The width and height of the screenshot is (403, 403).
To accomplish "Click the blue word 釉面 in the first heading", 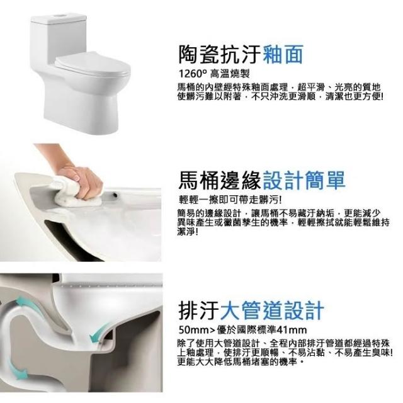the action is click(x=283, y=54).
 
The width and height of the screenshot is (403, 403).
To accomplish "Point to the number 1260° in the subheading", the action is click(x=193, y=74).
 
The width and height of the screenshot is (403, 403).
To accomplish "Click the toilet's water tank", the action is click(x=59, y=38).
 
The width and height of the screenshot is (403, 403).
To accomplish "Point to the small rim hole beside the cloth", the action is click(x=115, y=195).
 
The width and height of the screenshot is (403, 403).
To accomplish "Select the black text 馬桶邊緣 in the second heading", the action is click(x=220, y=180).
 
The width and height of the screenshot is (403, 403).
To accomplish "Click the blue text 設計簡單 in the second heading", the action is click(x=304, y=180).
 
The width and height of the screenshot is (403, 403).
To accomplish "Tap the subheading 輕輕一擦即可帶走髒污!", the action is click(x=230, y=200).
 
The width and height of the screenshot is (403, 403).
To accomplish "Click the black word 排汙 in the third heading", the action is click(x=199, y=310).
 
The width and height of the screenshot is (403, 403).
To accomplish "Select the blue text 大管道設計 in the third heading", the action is click(x=272, y=310).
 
